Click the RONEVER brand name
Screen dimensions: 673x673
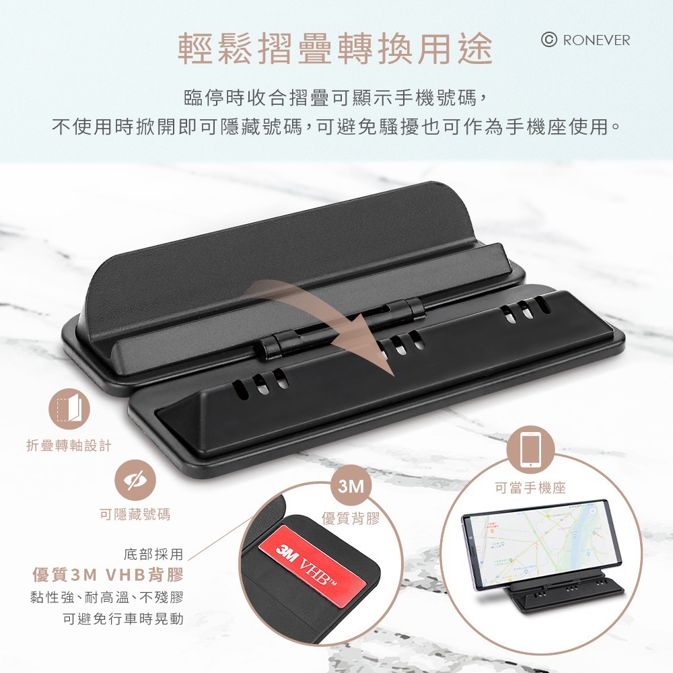coord(596,40)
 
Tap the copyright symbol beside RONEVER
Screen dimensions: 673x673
coord(549,40)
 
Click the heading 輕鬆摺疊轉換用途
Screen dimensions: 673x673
coord(336,48)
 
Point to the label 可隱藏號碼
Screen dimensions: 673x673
coord(135,514)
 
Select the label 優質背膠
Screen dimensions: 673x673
coord(351,518)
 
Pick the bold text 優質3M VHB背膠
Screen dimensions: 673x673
coord(108,575)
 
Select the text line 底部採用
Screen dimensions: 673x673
coord(153,555)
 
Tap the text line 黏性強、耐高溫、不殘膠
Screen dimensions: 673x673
coord(107,597)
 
